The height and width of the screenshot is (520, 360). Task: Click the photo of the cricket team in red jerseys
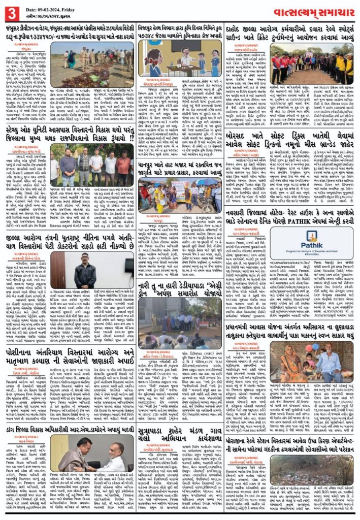(x=313, y=63)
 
